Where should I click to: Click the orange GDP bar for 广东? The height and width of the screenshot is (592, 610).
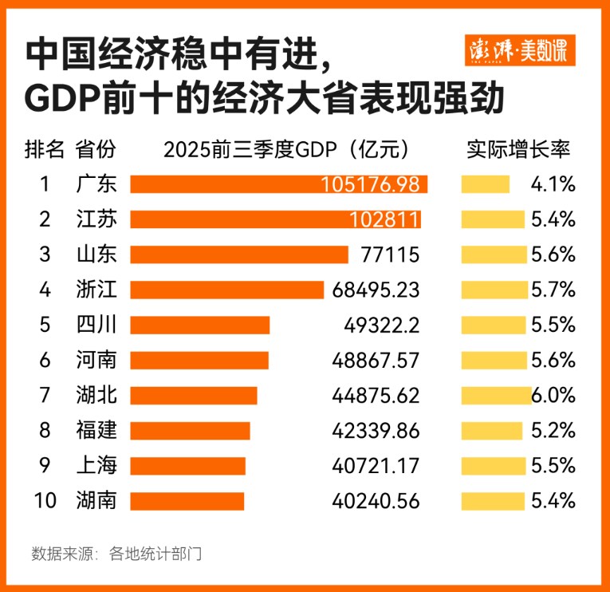coord(278,184)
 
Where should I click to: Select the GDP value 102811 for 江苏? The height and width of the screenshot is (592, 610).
coord(380,219)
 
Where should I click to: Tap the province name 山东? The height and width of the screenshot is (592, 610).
coord(96,255)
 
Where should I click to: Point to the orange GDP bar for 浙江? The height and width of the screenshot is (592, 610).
coord(226,290)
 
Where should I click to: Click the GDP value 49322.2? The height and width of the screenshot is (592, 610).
coord(376,325)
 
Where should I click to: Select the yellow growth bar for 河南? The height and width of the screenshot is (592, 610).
coord(493,360)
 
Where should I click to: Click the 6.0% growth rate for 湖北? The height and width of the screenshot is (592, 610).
coord(553,395)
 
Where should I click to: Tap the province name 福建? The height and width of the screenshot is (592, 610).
coord(96,430)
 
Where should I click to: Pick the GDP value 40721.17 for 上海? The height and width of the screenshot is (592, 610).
coord(376,465)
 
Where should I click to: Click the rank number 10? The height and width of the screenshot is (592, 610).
coord(45,500)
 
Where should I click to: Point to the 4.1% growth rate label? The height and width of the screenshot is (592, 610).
coord(553,184)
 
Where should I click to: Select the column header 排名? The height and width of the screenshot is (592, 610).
coord(45,149)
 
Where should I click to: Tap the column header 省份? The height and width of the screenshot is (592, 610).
coord(96,149)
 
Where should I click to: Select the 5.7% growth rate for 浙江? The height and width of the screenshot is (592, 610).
coord(553,290)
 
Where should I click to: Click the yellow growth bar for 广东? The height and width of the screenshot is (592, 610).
coord(485,184)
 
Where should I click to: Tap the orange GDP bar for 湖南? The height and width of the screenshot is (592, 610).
coord(187,500)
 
